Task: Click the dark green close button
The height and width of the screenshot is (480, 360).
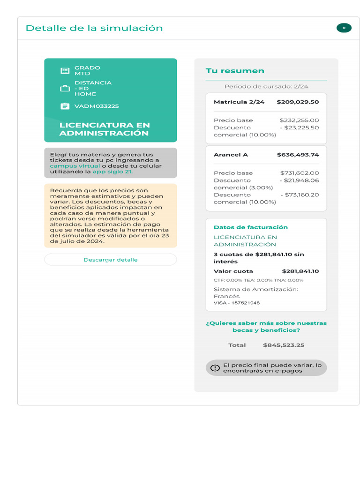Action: click(x=344, y=28)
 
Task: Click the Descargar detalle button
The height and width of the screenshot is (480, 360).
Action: click(x=111, y=260)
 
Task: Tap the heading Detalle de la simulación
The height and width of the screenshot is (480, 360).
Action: click(x=94, y=28)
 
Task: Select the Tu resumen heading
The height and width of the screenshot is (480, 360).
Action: click(x=235, y=71)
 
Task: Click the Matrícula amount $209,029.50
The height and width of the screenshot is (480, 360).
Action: click(x=298, y=102)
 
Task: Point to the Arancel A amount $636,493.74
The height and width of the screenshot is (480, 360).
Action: click(x=298, y=155)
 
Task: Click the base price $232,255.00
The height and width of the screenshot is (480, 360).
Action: click(x=299, y=120)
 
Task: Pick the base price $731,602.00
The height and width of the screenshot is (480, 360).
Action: click(x=300, y=173)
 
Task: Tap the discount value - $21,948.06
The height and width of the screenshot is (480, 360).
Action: click(x=300, y=180)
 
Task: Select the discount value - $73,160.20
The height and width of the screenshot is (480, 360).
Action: click(x=300, y=195)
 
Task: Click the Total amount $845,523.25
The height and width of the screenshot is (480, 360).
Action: click(x=284, y=345)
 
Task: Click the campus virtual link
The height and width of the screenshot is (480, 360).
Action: click(x=75, y=166)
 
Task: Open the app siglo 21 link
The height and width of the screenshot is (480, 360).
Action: click(x=112, y=172)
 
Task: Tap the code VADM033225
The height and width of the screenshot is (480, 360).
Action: click(x=97, y=106)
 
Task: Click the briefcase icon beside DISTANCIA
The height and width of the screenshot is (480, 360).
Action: click(x=65, y=89)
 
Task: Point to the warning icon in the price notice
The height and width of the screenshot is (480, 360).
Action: click(x=215, y=368)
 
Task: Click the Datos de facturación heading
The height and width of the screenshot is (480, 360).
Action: click(x=251, y=227)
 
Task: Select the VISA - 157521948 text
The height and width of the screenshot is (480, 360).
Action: click(x=237, y=303)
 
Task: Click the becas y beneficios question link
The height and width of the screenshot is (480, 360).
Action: click(x=266, y=327)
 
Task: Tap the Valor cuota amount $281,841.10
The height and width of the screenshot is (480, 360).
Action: click(x=300, y=271)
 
